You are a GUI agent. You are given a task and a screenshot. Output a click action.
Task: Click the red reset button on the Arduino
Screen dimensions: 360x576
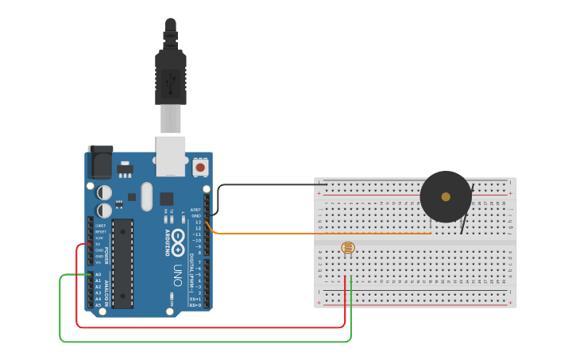point(200,168)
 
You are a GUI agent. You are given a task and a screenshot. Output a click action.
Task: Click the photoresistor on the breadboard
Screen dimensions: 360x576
point(348,248)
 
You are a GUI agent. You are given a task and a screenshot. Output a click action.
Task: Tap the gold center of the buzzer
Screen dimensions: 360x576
point(446,196)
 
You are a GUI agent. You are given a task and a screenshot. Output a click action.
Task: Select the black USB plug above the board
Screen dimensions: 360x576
point(171,76)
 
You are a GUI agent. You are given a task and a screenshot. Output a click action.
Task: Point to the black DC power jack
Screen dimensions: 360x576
point(100,163)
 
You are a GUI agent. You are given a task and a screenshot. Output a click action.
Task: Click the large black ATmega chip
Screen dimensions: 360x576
point(123,262)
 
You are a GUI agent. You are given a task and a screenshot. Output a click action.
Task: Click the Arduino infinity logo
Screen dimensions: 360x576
point(178,238)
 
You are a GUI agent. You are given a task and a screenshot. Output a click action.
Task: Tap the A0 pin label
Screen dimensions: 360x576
point(99,274)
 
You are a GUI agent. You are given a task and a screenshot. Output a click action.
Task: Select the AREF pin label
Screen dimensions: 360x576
point(196,210)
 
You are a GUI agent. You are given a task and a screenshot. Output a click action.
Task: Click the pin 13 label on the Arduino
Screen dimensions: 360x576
point(198,222)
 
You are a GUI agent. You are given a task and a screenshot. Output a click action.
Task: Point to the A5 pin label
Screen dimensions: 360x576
point(99,305)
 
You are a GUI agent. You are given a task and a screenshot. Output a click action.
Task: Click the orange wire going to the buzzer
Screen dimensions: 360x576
point(318,234)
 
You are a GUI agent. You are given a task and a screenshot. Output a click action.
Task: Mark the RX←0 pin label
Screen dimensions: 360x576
point(195,305)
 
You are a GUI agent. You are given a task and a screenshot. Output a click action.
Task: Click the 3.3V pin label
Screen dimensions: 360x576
point(99,238)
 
